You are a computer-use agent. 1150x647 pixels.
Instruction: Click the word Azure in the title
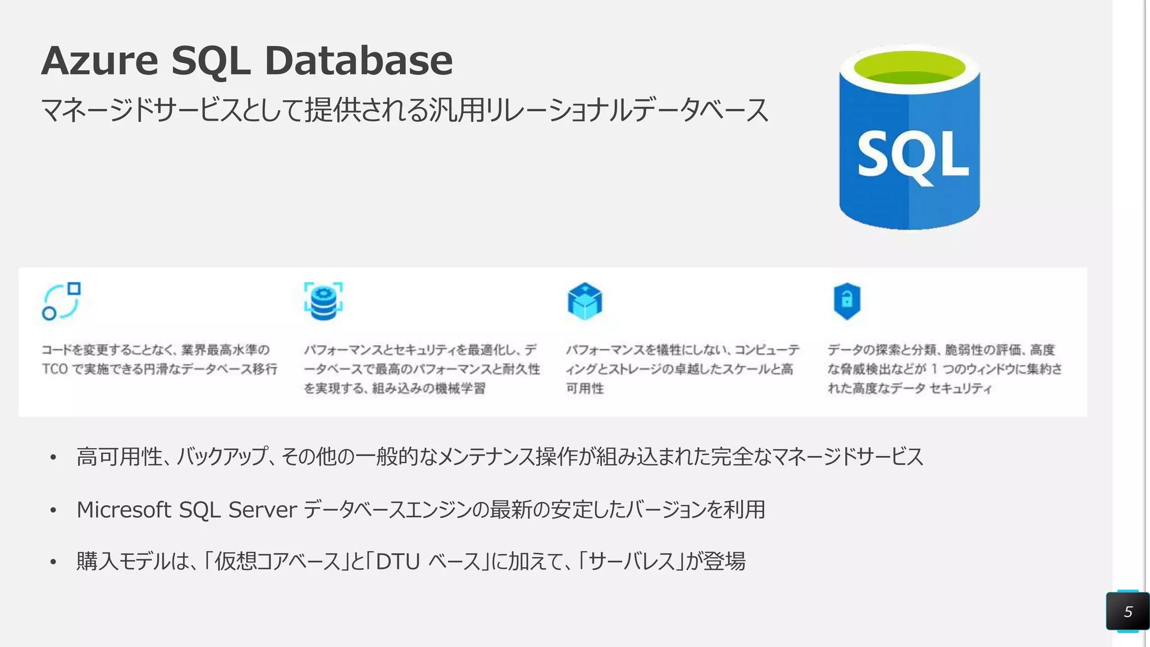click(x=100, y=61)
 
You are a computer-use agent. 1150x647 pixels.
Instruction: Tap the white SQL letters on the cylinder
click(x=912, y=155)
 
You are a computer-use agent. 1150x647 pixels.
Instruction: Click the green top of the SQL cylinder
click(x=910, y=67)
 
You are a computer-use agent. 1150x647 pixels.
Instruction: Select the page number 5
click(x=1128, y=612)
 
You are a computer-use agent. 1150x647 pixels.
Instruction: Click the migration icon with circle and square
click(x=61, y=301)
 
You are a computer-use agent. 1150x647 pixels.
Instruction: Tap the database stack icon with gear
click(x=323, y=301)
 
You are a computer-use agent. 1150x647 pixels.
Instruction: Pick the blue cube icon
click(x=585, y=301)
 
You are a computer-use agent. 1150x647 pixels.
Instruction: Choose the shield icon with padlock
click(x=847, y=301)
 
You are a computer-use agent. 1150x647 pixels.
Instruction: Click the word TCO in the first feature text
click(x=54, y=369)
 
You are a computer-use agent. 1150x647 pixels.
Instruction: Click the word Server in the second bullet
click(x=262, y=510)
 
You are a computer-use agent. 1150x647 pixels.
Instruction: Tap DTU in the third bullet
click(x=398, y=562)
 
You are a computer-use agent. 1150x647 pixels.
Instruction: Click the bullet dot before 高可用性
click(x=53, y=458)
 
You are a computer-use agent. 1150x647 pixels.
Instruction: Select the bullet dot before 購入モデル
click(x=53, y=562)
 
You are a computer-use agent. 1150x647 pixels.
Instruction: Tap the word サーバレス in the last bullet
click(x=632, y=562)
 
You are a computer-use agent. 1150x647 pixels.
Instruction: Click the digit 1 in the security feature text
click(x=934, y=369)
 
